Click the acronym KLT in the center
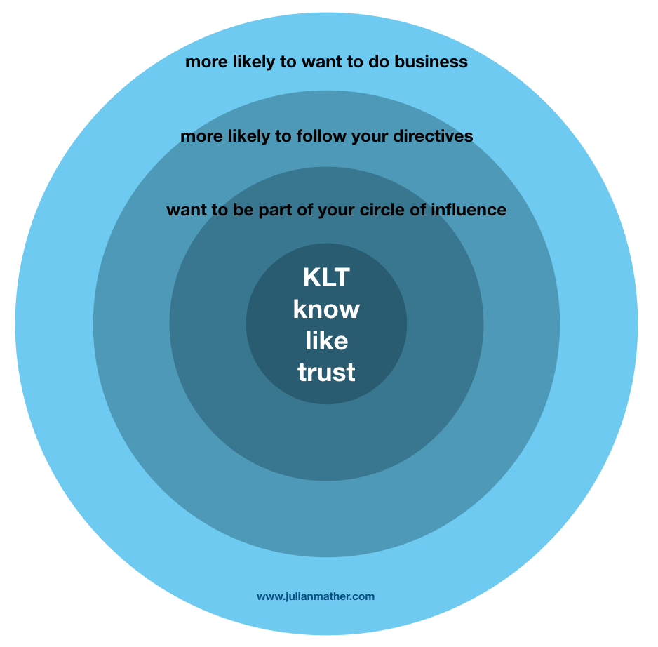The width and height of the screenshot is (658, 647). (326, 278)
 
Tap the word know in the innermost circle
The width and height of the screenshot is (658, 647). (326, 309)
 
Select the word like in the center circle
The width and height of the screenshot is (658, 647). (326, 340)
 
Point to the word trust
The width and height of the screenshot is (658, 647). (326, 372)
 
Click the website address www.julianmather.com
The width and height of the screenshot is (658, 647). (316, 596)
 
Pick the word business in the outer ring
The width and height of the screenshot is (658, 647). (431, 62)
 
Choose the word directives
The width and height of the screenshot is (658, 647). (434, 135)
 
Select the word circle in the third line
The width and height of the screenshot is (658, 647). (390, 210)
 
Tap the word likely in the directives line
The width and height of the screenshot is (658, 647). (246, 135)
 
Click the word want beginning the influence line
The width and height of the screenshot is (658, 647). (186, 210)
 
